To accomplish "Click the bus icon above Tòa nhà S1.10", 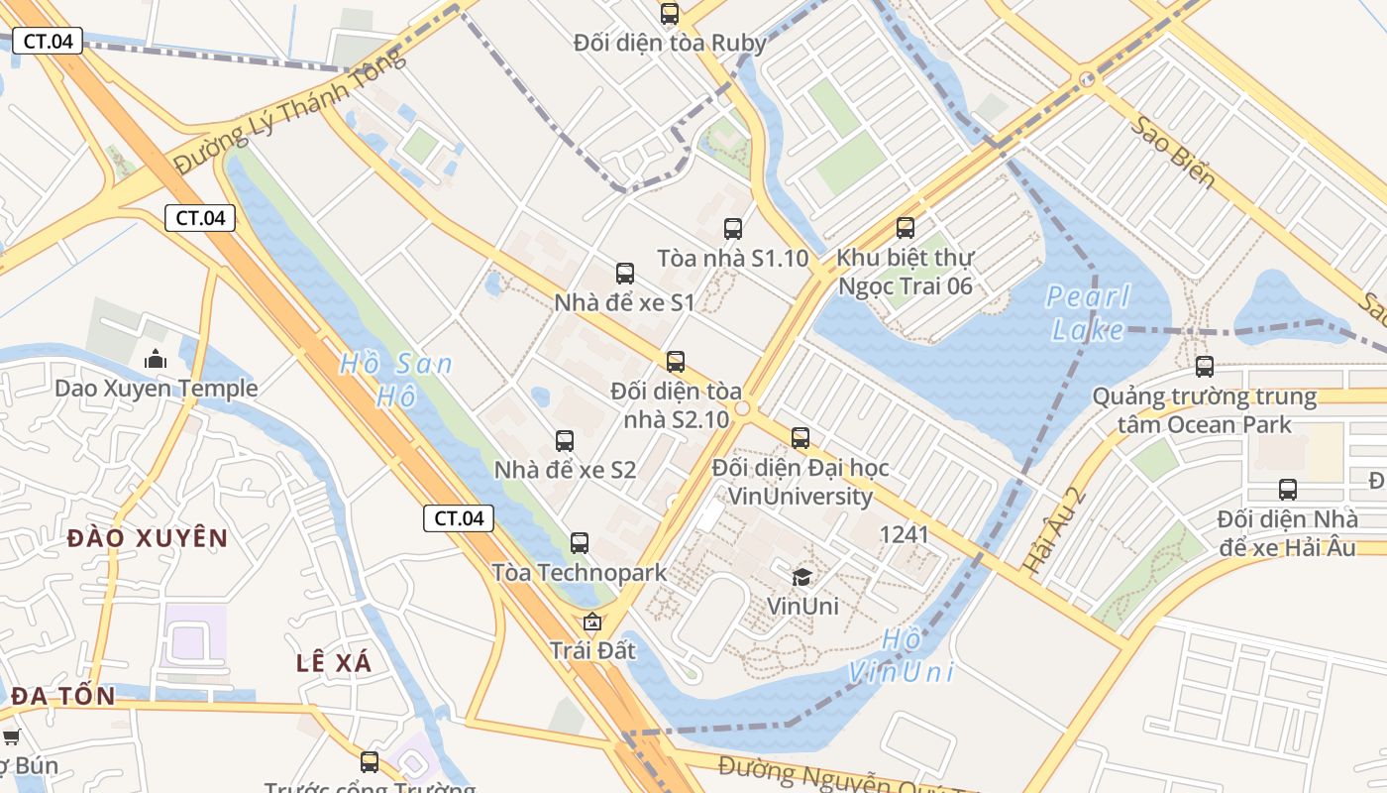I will [732, 229].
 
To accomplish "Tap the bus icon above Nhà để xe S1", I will [624, 274].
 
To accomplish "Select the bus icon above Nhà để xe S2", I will [564, 441].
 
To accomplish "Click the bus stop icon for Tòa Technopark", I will [580, 543].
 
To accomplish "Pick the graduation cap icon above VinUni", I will [801, 577].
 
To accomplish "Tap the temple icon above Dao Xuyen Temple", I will [156, 359].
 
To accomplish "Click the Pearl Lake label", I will [1088, 312].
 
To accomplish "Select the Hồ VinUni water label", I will [901, 655].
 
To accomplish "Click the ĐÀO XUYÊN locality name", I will [148, 538].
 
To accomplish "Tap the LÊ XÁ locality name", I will [334, 663].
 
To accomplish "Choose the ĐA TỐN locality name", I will [63, 696].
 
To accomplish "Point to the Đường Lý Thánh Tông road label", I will [289, 111].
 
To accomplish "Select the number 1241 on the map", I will [904, 535].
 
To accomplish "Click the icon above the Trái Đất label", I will [592, 623].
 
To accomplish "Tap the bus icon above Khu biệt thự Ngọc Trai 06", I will [905, 228].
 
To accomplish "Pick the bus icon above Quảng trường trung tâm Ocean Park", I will [1204, 367].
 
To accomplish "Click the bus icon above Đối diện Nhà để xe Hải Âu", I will [1287, 490].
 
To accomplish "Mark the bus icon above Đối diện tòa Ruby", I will [670, 14].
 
